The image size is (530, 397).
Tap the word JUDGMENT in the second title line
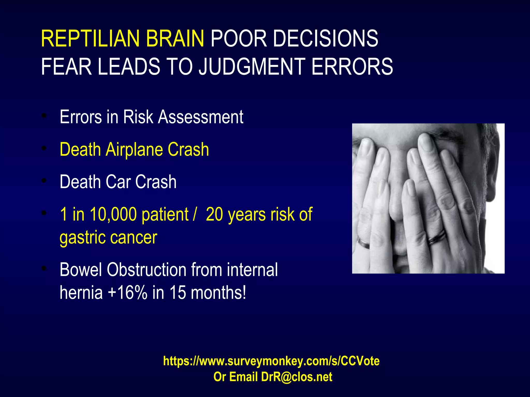[x=252, y=67]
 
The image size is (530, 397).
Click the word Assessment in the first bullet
[x=201, y=117]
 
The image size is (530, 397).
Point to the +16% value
[x=127, y=293]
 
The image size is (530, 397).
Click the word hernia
[x=81, y=293]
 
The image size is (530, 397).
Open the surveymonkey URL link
[x=271, y=361]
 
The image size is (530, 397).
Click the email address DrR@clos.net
[x=297, y=377]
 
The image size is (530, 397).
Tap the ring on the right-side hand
[x=436, y=238]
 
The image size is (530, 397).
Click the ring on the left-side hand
[x=363, y=243]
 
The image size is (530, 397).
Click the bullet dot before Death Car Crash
[x=44, y=181]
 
